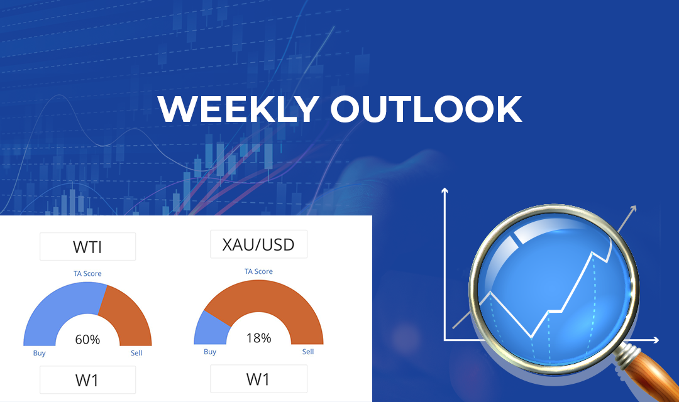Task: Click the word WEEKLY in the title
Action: [238, 109]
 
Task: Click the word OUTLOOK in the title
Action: [426, 109]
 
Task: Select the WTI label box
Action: [87, 247]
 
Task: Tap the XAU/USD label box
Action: [258, 244]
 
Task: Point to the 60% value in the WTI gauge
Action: [87, 339]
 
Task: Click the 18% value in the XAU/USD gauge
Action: [258, 337]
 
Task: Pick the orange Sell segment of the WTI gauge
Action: [128, 313]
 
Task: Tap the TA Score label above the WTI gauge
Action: [87, 273]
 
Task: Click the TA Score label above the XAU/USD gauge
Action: [258, 271]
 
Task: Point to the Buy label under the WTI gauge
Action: [40, 353]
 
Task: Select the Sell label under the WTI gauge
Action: [136, 353]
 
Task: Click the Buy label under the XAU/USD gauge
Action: [210, 352]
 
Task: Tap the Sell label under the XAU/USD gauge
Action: [308, 351]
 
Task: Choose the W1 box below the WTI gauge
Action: [87, 380]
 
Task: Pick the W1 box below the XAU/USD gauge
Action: [258, 379]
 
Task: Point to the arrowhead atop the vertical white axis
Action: [444, 190]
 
